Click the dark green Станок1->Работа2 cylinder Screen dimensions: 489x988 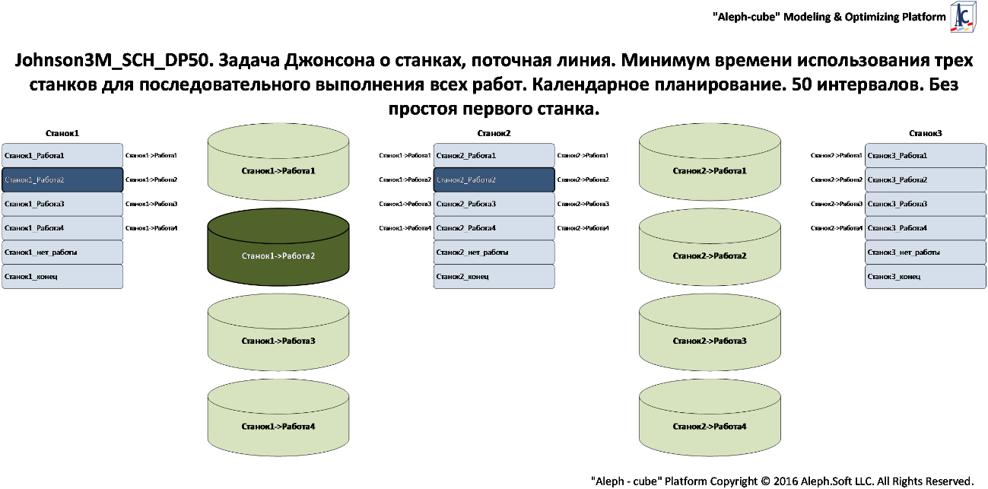tap(278, 256)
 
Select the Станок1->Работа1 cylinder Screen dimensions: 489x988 tap(278, 170)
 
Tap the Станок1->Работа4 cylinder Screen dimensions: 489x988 tap(278, 426)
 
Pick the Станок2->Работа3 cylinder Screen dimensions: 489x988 tap(710, 341)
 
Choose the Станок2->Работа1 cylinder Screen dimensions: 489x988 tap(710, 170)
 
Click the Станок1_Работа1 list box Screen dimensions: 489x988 tap(62, 155)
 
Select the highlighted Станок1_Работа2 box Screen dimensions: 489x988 tap(62, 179)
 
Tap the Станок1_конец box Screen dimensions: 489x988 tap(62, 276)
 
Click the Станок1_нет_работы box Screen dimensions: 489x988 tap(62, 252)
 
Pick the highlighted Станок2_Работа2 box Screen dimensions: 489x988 tap(494, 179)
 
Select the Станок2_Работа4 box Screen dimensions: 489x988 tap(494, 228)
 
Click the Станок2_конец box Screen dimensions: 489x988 tap(494, 276)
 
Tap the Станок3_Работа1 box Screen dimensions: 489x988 tap(926, 155)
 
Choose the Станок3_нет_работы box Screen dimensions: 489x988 tap(926, 252)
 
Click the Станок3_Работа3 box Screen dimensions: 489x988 tap(926, 204)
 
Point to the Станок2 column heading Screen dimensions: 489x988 tap(494, 133)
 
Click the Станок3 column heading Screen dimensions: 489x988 tap(926, 133)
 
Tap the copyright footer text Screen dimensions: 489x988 tap(782, 481)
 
